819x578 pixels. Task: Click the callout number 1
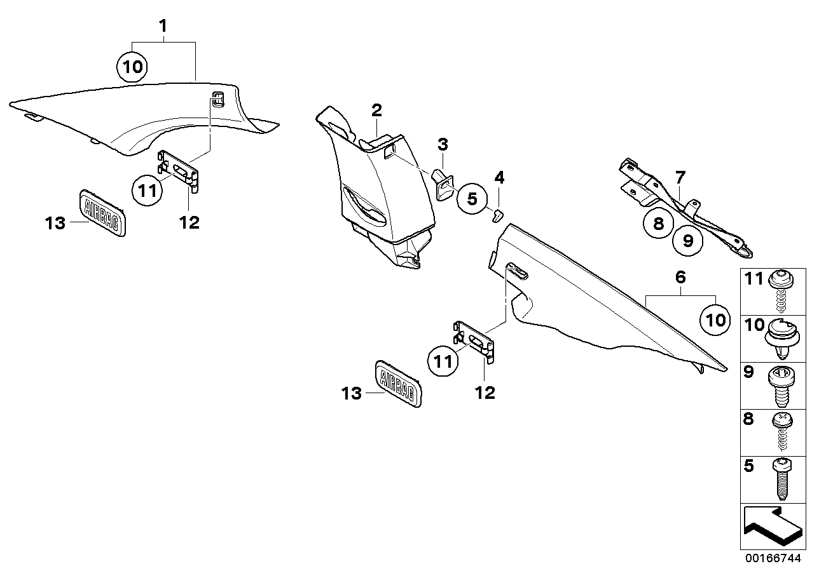(163, 27)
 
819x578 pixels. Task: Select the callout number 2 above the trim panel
(376, 110)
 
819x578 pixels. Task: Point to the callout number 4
(500, 177)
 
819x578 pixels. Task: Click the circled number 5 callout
(471, 199)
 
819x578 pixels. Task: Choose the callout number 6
(680, 277)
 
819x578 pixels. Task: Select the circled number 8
(657, 223)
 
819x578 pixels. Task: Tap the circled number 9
(688, 240)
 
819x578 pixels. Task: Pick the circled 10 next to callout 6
(715, 320)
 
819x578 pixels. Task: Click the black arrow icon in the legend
(771, 525)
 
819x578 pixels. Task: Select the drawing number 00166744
(774, 560)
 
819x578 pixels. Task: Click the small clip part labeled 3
(443, 182)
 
